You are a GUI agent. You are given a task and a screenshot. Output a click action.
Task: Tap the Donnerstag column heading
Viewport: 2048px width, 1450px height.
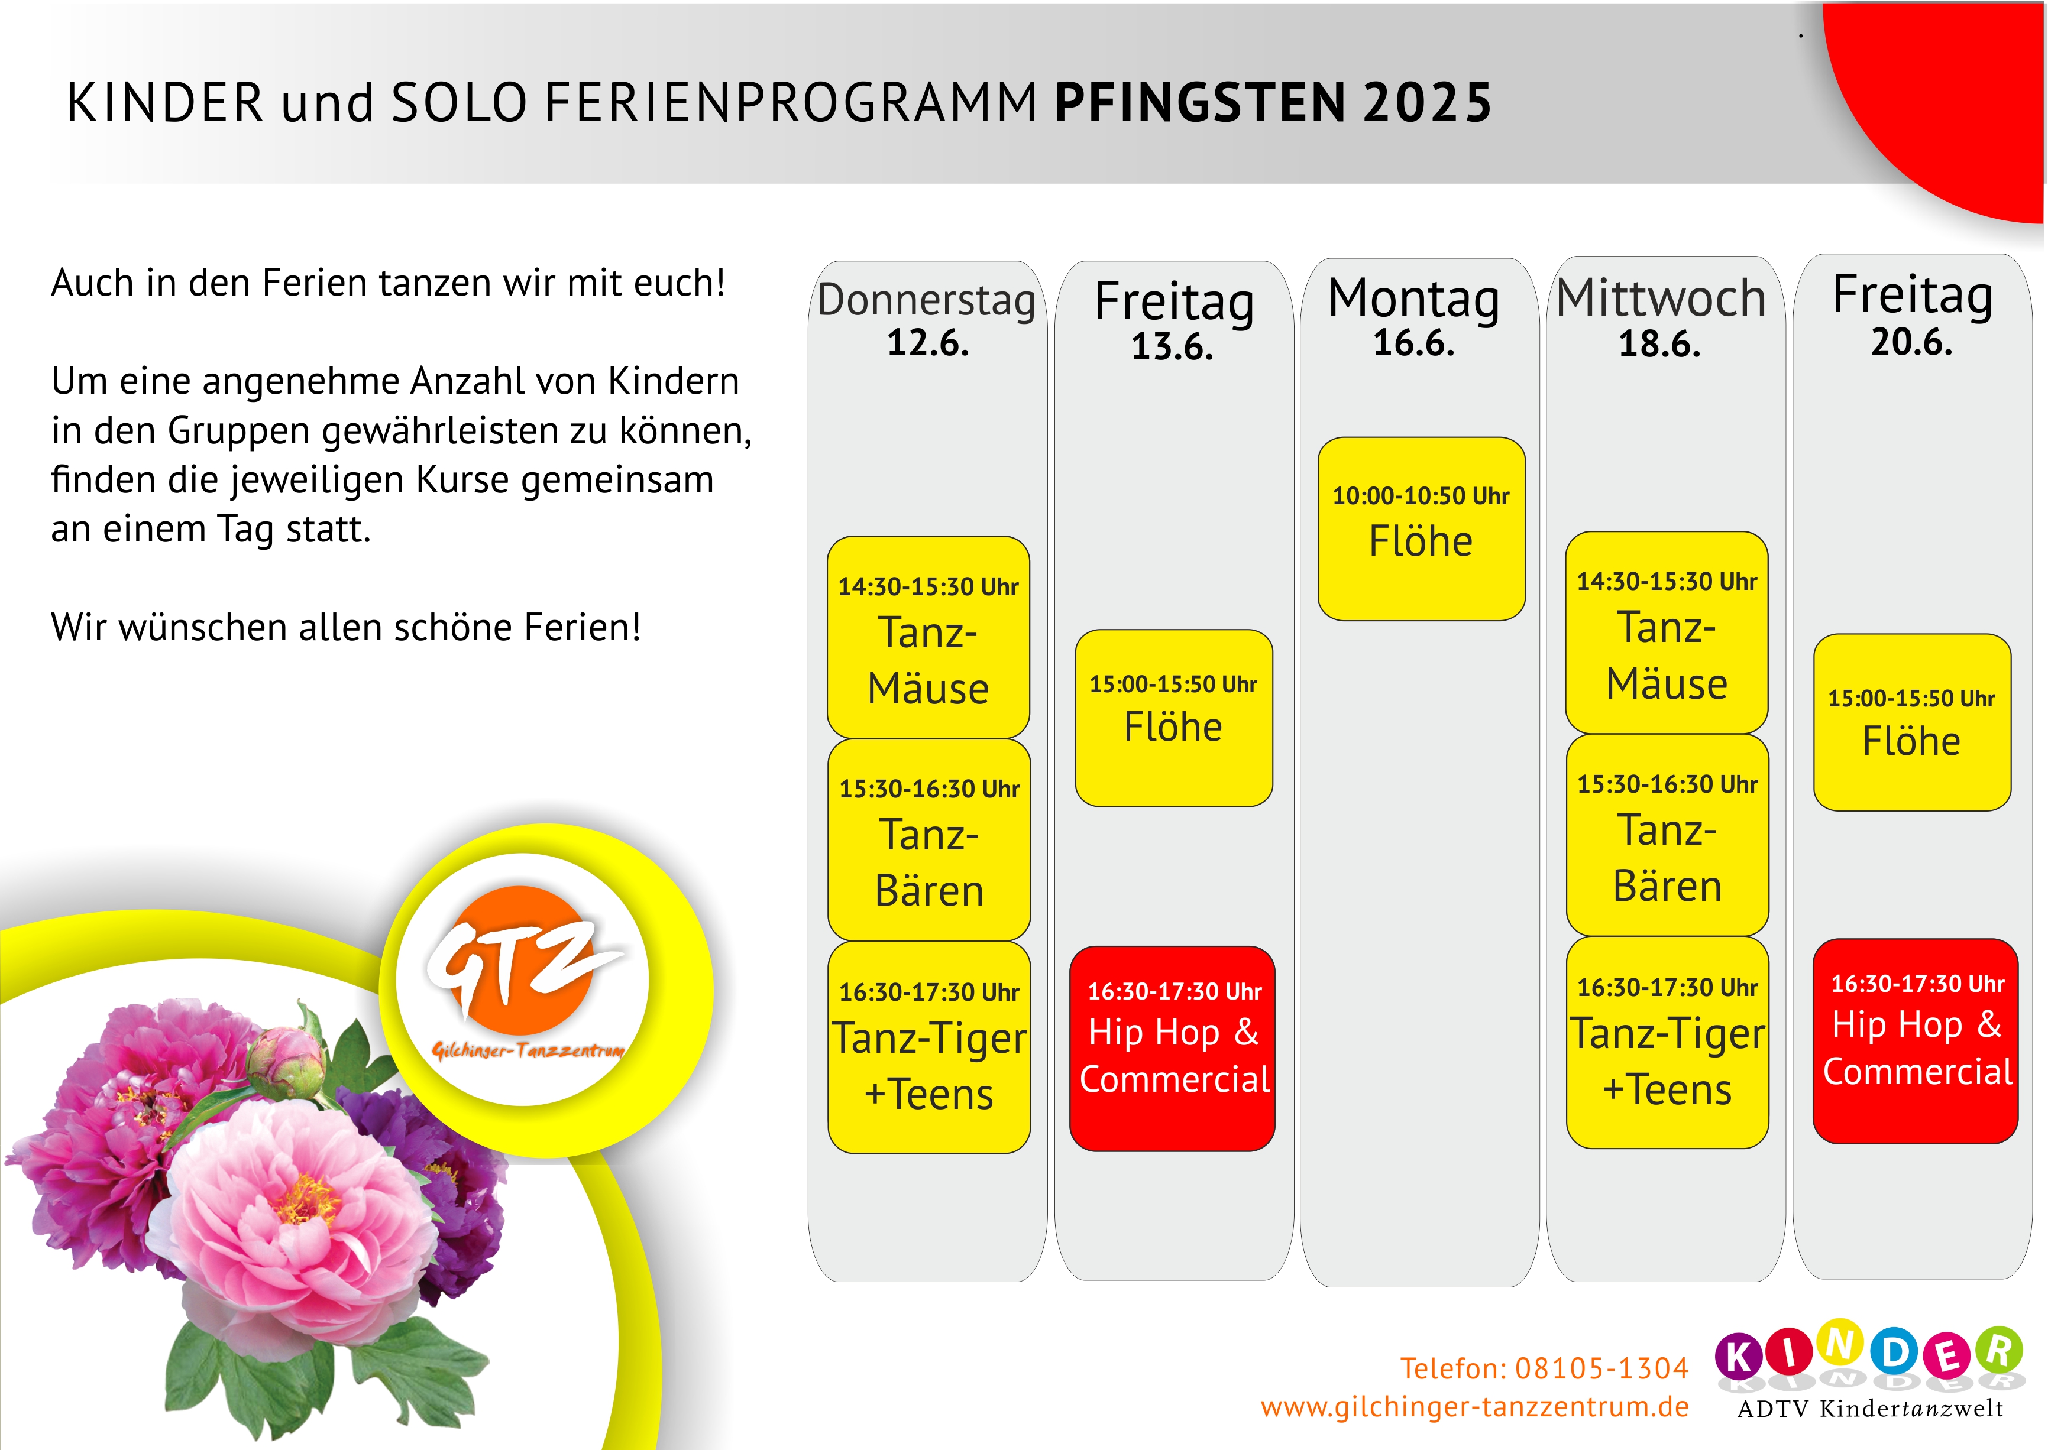pyautogui.click(x=926, y=300)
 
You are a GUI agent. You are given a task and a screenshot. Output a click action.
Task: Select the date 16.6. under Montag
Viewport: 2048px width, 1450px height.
pyautogui.click(x=1414, y=343)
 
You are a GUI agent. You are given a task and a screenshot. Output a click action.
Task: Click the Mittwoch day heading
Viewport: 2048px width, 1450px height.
pyautogui.click(x=1661, y=297)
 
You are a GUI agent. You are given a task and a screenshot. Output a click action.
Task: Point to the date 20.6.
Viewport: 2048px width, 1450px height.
pyautogui.click(x=1912, y=342)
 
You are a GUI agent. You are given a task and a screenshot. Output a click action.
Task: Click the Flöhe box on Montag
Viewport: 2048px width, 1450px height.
pyautogui.click(x=1421, y=528)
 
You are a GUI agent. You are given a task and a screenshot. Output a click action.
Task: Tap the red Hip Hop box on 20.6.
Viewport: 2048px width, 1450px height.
pyautogui.click(x=1915, y=1041)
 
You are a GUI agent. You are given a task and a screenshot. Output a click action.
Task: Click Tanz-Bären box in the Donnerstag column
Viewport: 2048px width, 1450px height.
pyautogui.click(x=929, y=839)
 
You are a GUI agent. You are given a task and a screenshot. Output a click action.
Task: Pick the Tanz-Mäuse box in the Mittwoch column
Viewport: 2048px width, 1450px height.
pyautogui.click(x=1667, y=632)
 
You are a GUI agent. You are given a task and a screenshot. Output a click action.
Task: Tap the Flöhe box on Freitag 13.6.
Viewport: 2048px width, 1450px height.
pyautogui.click(x=1173, y=718)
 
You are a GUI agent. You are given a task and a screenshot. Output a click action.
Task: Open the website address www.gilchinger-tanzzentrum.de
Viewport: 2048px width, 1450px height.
pyautogui.click(x=1474, y=1407)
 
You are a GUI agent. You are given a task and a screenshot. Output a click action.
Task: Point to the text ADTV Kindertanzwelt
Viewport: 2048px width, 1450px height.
pyautogui.click(x=1870, y=1409)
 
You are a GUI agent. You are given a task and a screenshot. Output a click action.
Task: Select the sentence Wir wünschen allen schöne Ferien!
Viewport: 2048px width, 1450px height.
pyautogui.click(x=345, y=628)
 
